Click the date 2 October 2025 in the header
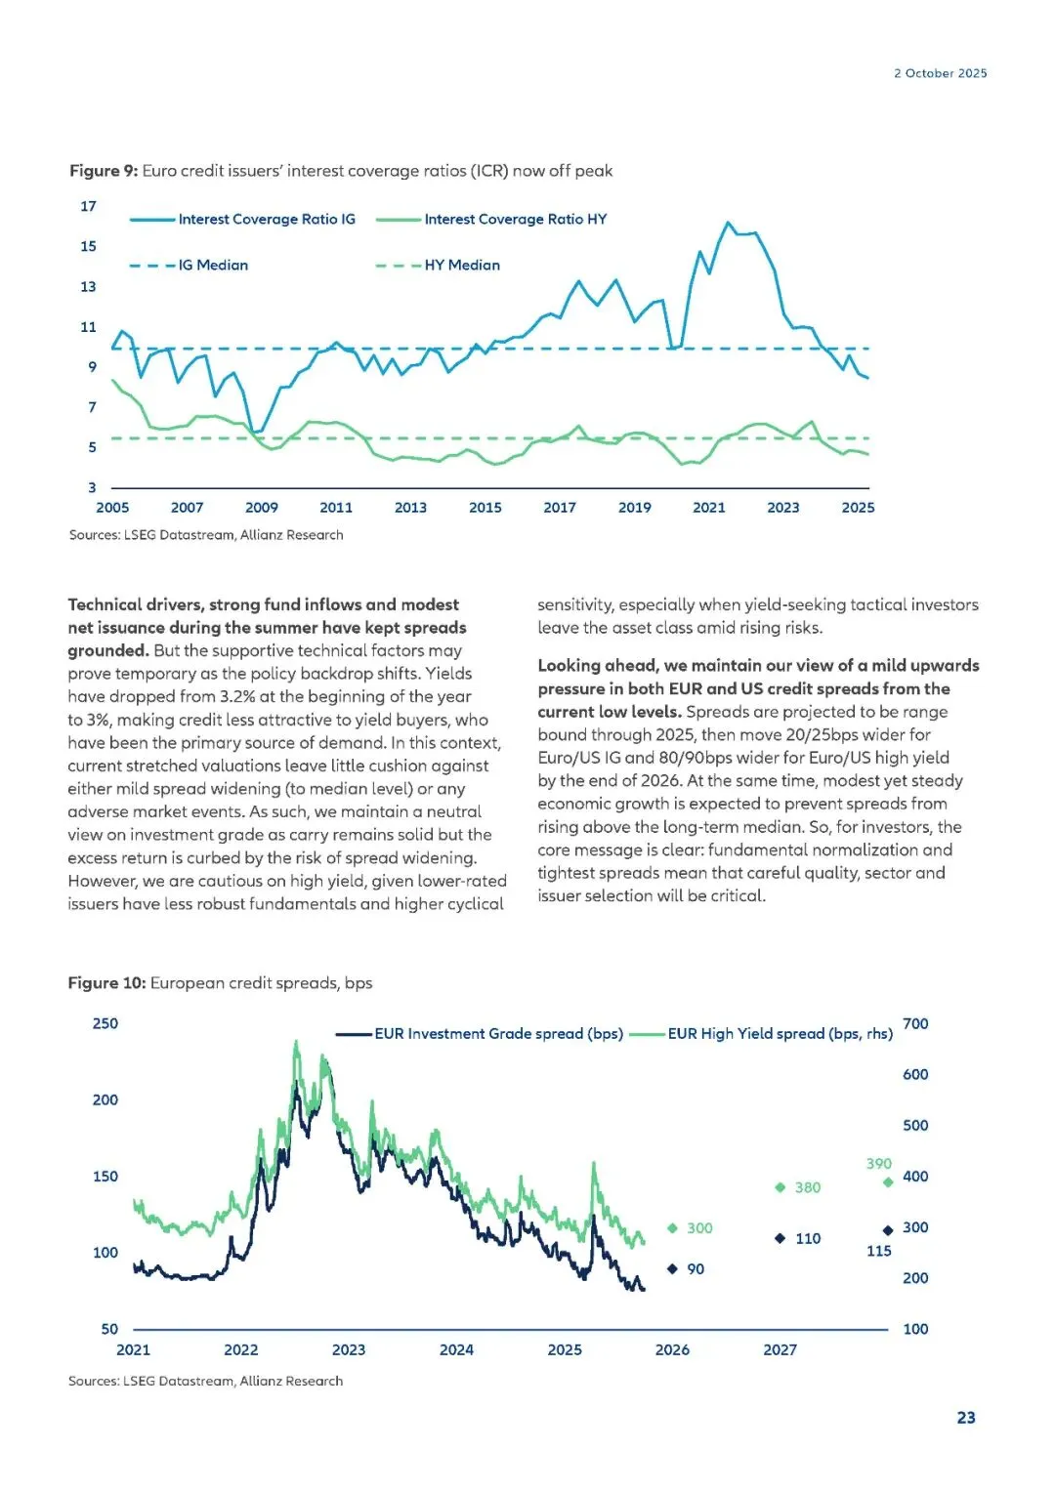pos(940,73)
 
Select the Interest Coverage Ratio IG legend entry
pos(266,220)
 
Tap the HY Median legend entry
pos(461,266)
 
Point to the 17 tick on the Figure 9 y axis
pos(89,206)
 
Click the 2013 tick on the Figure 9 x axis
pos(410,508)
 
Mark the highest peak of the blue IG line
pos(728,223)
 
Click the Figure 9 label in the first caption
pos(104,171)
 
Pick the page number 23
pos(965,1418)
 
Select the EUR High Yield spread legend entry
pos(780,1034)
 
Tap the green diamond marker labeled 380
pos(780,1187)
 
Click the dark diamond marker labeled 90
pos(672,1269)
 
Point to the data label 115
pos(878,1251)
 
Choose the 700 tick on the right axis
pos(915,1023)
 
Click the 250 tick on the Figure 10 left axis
pos(105,1023)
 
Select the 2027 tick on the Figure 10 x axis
pos(780,1349)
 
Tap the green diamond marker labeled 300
pos(672,1228)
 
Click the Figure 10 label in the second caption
pos(106,983)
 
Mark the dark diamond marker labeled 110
pos(780,1238)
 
